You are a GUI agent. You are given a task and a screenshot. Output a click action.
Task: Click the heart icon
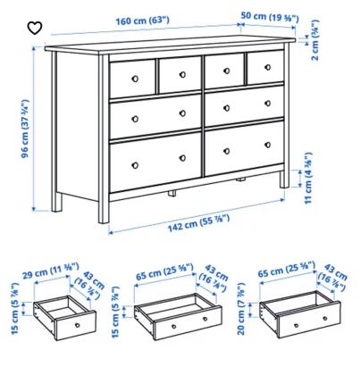click(35, 28)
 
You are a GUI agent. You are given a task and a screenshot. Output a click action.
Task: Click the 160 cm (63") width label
click(142, 21)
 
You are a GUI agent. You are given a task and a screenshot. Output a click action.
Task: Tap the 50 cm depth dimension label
click(270, 17)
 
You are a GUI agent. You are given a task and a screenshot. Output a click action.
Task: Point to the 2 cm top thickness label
click(314, 40)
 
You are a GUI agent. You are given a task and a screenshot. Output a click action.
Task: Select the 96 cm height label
click(25, 129)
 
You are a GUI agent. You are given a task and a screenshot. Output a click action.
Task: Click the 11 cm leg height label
click(308, 179)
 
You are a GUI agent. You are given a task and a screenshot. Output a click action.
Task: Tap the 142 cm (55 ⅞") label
click(198, 223)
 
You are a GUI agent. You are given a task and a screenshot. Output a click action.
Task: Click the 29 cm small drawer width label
click(51, 271)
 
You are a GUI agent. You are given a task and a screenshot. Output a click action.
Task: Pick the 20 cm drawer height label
click(241, 309)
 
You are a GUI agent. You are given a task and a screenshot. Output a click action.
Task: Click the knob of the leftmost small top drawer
click(135, 79)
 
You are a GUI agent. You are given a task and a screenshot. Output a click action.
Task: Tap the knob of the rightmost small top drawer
click(267, 67)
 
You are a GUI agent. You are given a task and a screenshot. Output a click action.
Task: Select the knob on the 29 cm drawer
click(78, 325)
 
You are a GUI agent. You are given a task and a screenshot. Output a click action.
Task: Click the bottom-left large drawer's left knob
click(135, 165)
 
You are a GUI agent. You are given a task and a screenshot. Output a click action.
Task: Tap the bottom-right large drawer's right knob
click(267, 145)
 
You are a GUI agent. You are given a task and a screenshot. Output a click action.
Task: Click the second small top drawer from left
click(180, 75)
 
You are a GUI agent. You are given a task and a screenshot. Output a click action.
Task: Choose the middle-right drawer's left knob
click(227, 108)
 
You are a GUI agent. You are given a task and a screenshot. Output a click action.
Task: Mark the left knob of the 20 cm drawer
click(296, 325)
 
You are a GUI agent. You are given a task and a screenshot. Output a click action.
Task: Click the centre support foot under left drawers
click(172, 194)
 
